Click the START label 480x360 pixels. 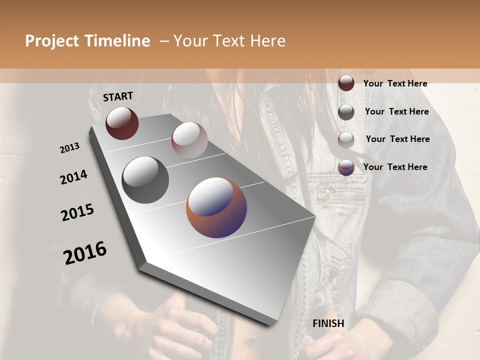tap(118, 96)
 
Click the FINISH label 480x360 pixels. tap(328, 323)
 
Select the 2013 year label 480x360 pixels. tap(69, 148)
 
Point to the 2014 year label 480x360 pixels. tap(73, 177)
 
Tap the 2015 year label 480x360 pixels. tap(77, 212)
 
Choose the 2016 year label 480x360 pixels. tap(85, 252)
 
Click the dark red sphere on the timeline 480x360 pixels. tap(122, 123)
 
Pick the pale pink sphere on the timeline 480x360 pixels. tap(189, 140)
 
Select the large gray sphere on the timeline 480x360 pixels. tap(145, 180)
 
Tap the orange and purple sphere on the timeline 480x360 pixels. tap(216, 207)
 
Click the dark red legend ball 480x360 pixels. tap(346, 83)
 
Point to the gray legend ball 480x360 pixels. tap(346, 112)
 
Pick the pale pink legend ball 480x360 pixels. tap(346, 140)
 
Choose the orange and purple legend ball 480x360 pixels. tap(346, 167)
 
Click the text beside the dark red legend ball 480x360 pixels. tap(395, 83)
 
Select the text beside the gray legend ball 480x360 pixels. tap(396, 111)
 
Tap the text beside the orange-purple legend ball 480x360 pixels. tap(395, 167)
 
